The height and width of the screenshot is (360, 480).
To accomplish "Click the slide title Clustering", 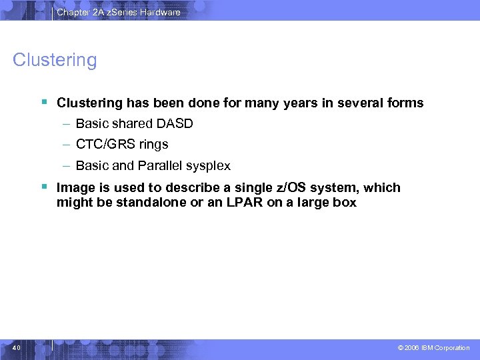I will (x=55, y=61).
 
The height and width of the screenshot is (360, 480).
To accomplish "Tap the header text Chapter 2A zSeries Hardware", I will (x=118, y=12).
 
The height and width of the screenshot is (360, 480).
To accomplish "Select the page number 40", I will (x=17, y=348).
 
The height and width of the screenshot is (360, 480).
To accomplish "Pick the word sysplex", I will (x=208, y=165).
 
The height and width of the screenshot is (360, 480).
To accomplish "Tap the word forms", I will (x=404, y=103).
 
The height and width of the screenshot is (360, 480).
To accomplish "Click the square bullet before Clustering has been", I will (x=43, y=103).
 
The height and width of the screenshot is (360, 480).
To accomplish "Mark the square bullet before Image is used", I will (x=43, y=187).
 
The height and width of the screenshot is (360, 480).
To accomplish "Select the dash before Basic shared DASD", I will (x=67, y=124).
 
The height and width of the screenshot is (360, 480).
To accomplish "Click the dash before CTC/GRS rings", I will (x=67, y=145).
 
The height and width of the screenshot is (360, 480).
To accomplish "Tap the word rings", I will (x=153, y=145).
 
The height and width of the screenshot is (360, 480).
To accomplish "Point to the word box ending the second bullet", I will (x=345, y=202).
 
